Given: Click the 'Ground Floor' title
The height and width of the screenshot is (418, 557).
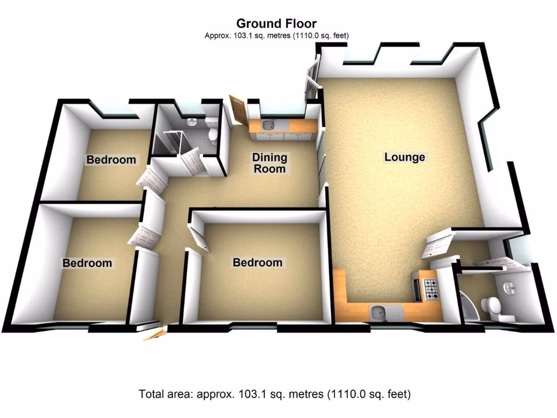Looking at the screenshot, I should [x=276, y=23].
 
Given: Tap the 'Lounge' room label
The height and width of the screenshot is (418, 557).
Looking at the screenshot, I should [x=404, y=157].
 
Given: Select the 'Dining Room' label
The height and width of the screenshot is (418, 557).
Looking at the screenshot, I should [x=269, y=163].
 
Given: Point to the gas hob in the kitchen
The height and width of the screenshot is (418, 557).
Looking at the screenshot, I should [x=430, y=288].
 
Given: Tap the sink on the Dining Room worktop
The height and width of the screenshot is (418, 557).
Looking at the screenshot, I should [x=268, y=126].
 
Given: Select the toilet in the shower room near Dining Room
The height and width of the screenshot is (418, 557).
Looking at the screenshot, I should [x=213, y=133].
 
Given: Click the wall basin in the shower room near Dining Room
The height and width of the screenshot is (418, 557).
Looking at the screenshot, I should [x=191, y=122].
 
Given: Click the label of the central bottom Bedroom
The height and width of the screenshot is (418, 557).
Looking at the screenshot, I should [x=257, y=262].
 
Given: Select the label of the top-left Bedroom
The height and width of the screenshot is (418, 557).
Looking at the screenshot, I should [x=111, y=159].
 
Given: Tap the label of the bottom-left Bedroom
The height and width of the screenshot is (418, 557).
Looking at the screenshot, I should [x=87, y=263].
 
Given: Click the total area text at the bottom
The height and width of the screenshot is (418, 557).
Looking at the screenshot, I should [x=274, y=394].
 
